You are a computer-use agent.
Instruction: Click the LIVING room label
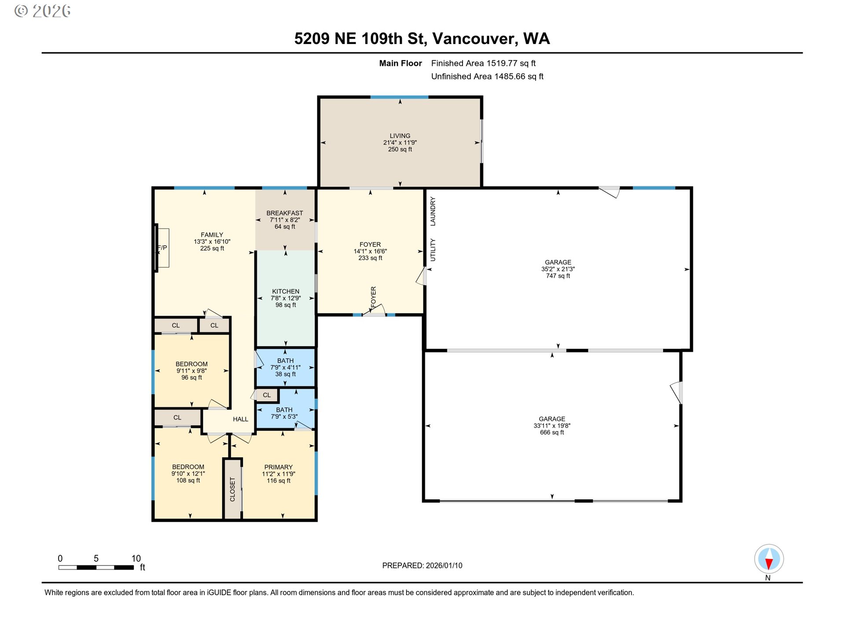400,136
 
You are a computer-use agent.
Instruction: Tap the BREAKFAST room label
285,213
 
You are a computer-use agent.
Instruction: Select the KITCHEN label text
286,291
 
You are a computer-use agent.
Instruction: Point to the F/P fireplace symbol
162,248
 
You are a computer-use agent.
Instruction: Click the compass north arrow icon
769,559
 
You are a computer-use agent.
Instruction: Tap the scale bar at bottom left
96,568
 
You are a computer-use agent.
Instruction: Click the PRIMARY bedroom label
278,467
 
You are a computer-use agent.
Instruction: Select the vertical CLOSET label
232,490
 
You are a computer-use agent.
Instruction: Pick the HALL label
240,419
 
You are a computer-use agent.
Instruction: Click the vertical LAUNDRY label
433,211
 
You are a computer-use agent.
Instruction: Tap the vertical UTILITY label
433,250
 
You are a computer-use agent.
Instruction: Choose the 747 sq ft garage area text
558,276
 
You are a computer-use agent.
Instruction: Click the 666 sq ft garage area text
552,433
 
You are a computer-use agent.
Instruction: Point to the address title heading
422,39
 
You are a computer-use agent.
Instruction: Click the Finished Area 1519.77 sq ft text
483,63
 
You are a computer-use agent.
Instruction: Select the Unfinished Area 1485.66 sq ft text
487,77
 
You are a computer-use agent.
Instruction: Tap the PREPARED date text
422,566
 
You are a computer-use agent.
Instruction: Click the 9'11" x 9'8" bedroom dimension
191,371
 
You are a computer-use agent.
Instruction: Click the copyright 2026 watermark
42,11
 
